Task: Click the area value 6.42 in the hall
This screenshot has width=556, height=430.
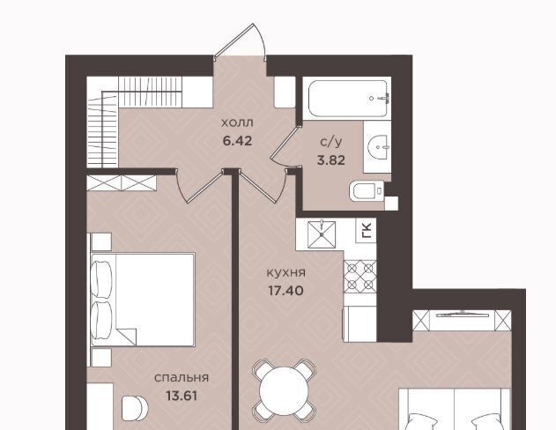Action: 237,141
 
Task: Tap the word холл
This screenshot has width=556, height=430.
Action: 237,123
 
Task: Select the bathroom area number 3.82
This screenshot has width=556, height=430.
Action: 330,160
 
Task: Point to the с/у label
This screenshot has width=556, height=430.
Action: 330,142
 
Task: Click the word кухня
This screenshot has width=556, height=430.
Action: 285,273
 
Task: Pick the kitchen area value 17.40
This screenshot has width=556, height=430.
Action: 285,291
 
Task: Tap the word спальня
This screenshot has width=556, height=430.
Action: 182,378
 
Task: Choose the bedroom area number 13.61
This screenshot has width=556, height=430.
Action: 182,396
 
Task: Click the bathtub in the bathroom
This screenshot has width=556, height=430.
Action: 348,98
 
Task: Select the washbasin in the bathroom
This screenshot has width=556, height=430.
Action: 378,146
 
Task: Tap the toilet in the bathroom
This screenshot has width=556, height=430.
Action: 367,191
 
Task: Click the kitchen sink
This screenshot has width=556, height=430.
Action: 322,234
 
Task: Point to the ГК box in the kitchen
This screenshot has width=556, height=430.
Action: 366,231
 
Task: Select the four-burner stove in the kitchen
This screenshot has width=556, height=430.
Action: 360,277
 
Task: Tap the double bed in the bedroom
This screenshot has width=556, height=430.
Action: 143,300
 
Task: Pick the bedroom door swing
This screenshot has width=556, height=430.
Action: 201,185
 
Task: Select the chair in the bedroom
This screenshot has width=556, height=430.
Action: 134,408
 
